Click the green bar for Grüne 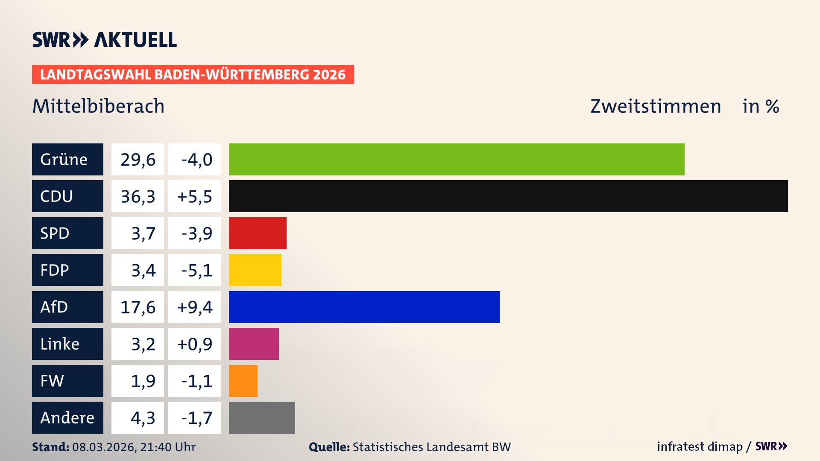click(x=456, y=159)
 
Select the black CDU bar click(x=508, y=196)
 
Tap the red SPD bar click(x=258, y=233)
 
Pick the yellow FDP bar click(x=255, y=270)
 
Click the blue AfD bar click(x=364, y=307)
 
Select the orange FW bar click(x=243, y=381)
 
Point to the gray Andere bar click(x=262, y=417)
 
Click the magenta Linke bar click(x=254, y=344)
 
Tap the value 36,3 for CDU click(x=138, y=196)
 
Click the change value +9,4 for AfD click(x=195, y=307)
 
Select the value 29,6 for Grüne click(x=138, y=160)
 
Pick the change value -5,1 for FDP click(x=196, y=270)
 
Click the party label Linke click(x=60, y=344)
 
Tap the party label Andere click(x=67, y=417)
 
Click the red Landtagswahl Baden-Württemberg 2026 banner click(x=193, y=75)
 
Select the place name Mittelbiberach click(x=98, y=106)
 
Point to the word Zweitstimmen click(x=656, y=106)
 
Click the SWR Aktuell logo click(x=105, y=40)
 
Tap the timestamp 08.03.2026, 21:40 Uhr click(x=134, y=447)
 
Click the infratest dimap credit click(x=700, y=446)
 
